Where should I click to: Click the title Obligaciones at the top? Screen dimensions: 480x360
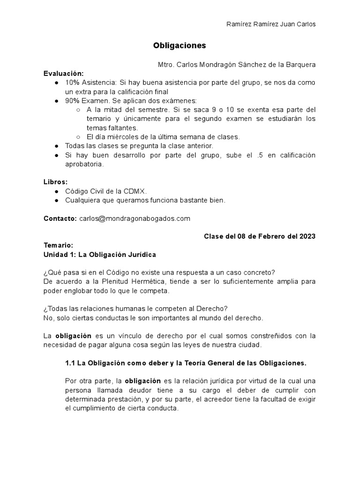pos(180,46)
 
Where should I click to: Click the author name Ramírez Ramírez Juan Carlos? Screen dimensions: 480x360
pos(271,24)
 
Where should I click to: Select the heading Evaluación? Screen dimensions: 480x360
pos(64,74)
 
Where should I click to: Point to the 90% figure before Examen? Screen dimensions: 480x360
pos(73,101)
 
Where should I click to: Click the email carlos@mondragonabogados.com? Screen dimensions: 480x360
pos(135,218)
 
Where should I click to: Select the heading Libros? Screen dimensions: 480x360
pos(56,181)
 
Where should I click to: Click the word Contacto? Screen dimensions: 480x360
pos(60,218)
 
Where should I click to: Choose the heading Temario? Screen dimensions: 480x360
pos(59,245)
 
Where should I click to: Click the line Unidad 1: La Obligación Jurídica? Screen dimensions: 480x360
pos(100,255)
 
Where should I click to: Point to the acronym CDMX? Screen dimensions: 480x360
pos(135,191)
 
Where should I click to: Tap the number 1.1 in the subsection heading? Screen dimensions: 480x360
pos(69,363)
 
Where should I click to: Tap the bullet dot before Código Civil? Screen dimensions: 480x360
pos(56,191)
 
